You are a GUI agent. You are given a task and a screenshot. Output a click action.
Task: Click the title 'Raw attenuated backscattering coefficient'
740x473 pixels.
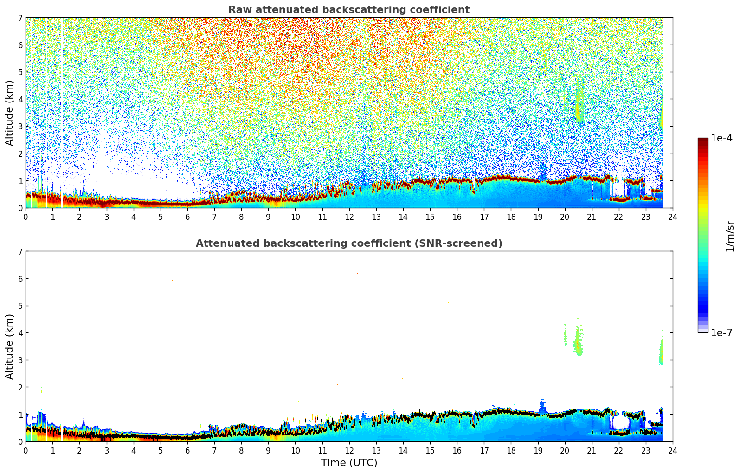pyautogui.click(x=348, y=10)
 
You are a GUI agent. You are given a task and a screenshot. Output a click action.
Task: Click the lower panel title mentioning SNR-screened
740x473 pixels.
pyautogui.click(x=348, y=243)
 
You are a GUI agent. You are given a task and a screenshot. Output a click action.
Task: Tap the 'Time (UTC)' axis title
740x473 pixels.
pyautogui.click(x=349, y=463)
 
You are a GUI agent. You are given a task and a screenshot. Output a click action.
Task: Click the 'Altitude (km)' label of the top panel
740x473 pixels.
pyautogui.click(x=10, y=113)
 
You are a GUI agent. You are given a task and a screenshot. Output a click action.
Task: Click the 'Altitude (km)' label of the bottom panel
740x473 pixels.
pyautogui.click(x=10, y=346)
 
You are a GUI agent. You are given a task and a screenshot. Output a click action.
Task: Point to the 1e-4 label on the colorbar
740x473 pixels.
pyautogui.click(x=721, y=138)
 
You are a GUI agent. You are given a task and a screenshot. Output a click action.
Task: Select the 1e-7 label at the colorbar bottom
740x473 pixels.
pyautogui.click(x=721, y=333)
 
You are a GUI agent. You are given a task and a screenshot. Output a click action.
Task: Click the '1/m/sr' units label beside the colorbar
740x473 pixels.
pyautogui.click(x=730, y=236)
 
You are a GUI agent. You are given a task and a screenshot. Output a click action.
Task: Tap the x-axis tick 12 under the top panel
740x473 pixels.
pyautogui.click(x=349, y=217)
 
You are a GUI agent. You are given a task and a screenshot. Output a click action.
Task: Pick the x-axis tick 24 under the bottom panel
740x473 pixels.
pyautogui.click(x=672, y=450)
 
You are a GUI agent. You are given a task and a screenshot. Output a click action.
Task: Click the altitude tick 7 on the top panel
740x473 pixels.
pyautogui.click(x=20, y=18)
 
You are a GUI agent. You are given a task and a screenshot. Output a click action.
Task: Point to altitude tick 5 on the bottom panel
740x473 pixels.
pyautogui.click(x=20, y=306)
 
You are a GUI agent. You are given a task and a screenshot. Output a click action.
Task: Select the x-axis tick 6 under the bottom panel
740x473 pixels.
pyautogui.click(x=187, y=450)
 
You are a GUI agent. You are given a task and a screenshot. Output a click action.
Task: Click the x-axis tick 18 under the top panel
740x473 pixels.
pyautogui.click(x=511, y=217)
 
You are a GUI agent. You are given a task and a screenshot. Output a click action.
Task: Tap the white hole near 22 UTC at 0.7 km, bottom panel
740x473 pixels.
pyautogui.click(x=621, y=422)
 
